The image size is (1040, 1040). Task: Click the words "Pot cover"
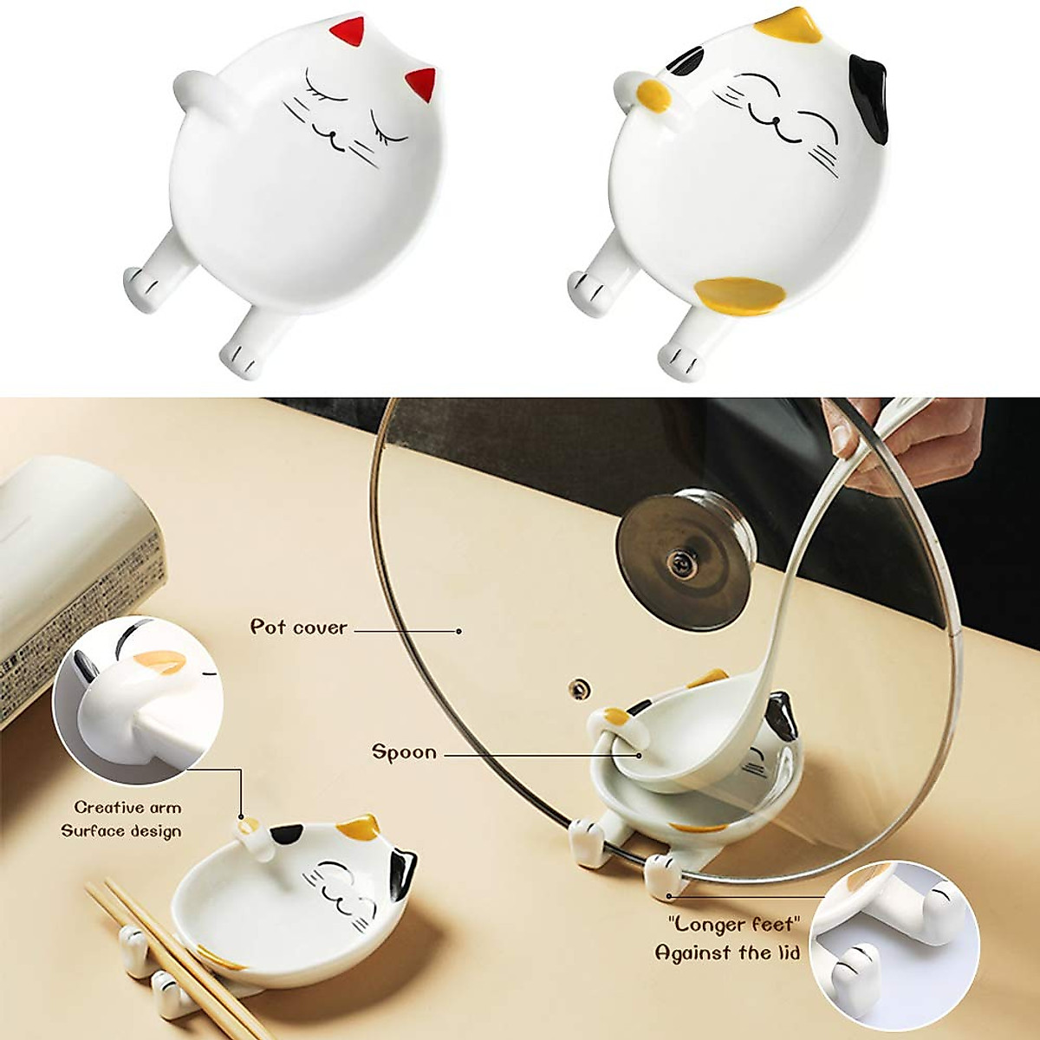[x=298, y=627]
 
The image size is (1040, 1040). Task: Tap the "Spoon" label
[x=404, y=751]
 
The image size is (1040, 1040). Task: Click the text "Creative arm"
[x=127, y=807]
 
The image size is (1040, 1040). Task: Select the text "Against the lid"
[x=726, y=953]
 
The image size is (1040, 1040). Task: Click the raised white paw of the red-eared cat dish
[x=195, y=84]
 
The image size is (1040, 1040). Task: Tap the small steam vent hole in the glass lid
[x=575, y=687]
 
